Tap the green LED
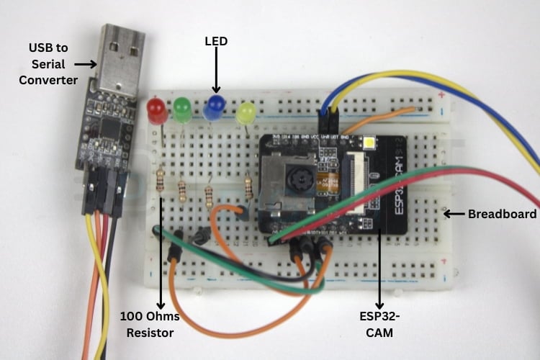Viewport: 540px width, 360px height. tap(181, 109)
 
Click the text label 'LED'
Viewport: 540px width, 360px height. tap(216, 42)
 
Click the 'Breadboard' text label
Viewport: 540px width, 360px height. tap(502, 214)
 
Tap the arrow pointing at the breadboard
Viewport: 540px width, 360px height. tap(454, 214)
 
